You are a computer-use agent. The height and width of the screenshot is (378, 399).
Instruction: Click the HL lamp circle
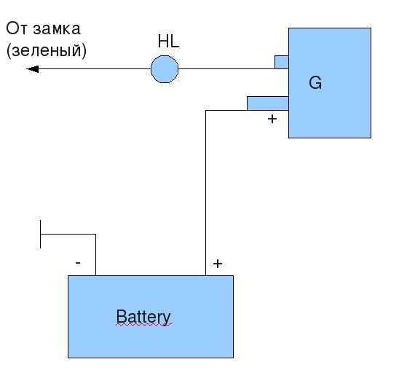[x=165, y=69]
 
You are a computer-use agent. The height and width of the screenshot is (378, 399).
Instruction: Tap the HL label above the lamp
[x=168, y=42]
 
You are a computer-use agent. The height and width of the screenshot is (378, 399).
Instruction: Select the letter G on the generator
[x=315, y=83]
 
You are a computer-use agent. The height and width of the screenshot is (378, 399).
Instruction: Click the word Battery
[x=143, y=317]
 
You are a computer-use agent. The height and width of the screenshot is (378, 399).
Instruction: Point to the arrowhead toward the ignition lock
[x=33, y=69]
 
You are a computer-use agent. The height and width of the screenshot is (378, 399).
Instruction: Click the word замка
[x=57, y=28]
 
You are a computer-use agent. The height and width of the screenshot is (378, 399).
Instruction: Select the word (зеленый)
[x=47, y=50]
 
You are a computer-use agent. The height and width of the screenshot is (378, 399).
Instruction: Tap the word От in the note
[x=17, y=28]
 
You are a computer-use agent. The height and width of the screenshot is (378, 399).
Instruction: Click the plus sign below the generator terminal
[x=272, y=119]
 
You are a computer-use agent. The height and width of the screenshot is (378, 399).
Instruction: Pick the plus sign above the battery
[x=218, y=264]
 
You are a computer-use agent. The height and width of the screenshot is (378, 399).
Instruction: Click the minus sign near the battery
[x=78, y=263]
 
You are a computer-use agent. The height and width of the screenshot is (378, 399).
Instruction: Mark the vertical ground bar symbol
[x=40, y=235]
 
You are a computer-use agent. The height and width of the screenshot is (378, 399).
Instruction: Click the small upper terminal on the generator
[x=282, y=62]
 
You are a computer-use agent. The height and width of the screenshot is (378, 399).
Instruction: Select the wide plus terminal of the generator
[x=268, y=103]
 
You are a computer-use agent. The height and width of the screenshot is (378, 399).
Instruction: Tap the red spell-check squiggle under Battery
[x=144, y=325]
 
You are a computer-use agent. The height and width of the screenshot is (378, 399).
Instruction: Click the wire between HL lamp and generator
[x=226, y=68]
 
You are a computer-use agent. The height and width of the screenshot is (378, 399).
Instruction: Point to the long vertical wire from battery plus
[x=205, y=193]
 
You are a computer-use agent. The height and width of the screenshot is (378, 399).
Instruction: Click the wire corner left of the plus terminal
[x=205, y=110]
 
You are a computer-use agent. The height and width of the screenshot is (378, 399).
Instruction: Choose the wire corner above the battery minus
[x=95, y=235]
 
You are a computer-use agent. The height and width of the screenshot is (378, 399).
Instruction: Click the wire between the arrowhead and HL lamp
[x=95, y=68]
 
